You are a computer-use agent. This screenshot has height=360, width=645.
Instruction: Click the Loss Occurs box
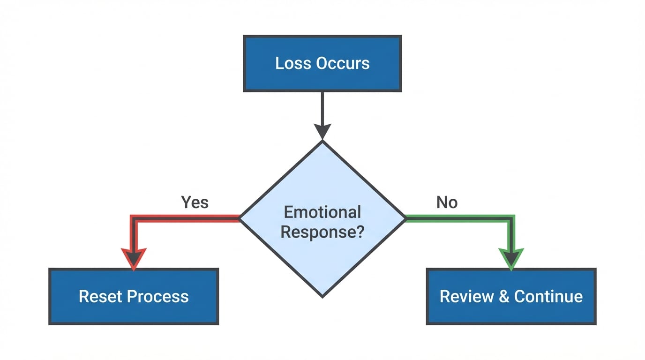click(322, 63)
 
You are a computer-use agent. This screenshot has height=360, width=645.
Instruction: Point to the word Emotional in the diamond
click(322, 212)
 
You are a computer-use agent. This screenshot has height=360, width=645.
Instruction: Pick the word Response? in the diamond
click(322, 232)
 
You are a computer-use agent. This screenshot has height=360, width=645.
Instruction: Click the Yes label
click(195, 202)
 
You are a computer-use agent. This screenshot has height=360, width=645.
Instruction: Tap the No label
click(447, 202)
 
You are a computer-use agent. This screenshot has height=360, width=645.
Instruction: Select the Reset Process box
click(134, 296)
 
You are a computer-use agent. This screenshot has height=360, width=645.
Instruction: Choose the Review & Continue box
click(511, 296)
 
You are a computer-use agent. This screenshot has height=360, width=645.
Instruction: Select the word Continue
click(548, 296)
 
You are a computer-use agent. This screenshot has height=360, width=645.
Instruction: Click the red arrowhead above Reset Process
click(134, 258)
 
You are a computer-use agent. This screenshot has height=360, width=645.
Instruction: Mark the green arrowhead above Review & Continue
click(511, 258)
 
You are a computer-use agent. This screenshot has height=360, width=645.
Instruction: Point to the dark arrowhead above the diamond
click(322, 131)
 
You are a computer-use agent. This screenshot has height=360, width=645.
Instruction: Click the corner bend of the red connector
click(134, 218)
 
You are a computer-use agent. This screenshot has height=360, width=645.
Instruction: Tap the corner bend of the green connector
click(511, 218)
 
